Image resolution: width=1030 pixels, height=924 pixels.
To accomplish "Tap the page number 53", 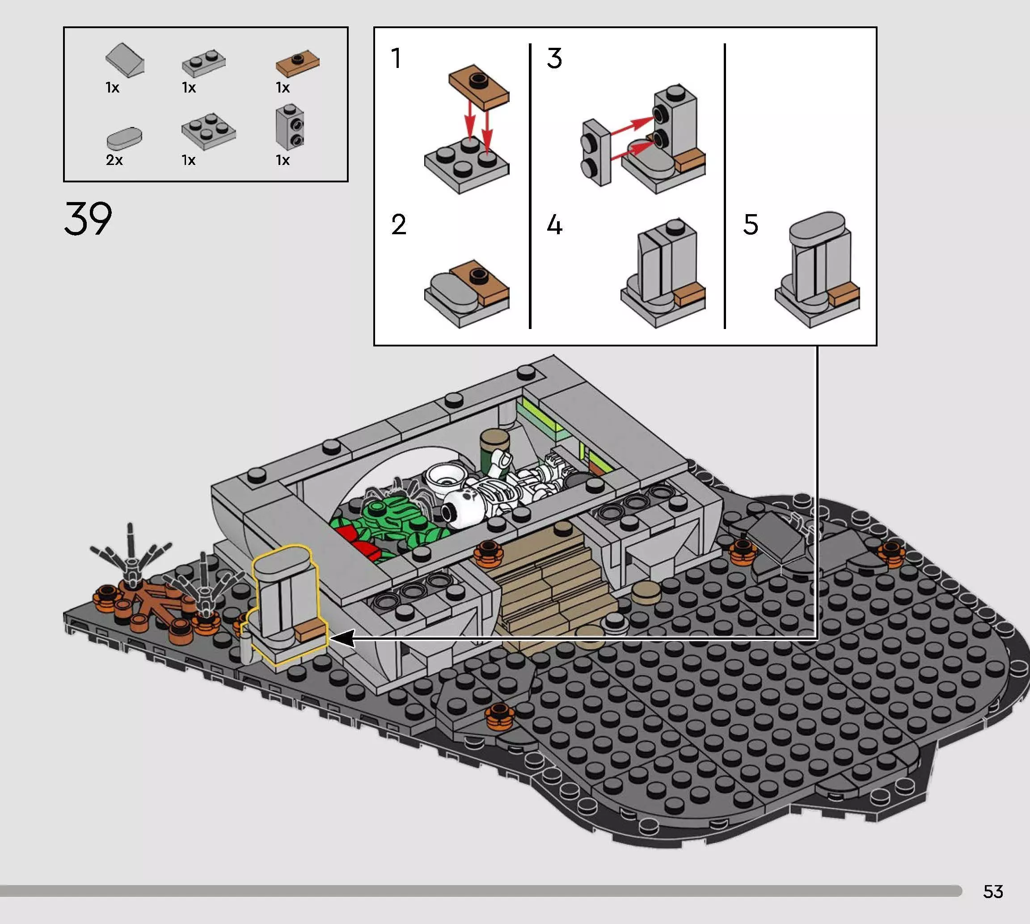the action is [993, 891].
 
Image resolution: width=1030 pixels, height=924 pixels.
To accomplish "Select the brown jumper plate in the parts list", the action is [297, 63].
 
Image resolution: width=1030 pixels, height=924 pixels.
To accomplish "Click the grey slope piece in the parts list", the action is [125, 60].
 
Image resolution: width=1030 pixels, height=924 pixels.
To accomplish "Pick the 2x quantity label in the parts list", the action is [114, 160].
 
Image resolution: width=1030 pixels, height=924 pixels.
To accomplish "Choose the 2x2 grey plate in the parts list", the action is [209, 131].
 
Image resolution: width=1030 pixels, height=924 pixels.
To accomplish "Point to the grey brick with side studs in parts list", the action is [290, 127].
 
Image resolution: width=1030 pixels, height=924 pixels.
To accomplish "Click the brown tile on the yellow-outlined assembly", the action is [311, 632].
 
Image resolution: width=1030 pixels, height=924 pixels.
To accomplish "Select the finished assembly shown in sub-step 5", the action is [817, 269].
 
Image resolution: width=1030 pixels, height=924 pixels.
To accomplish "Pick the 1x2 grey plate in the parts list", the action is [204, 63].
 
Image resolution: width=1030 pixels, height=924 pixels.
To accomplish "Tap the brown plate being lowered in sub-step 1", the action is [479, 86].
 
